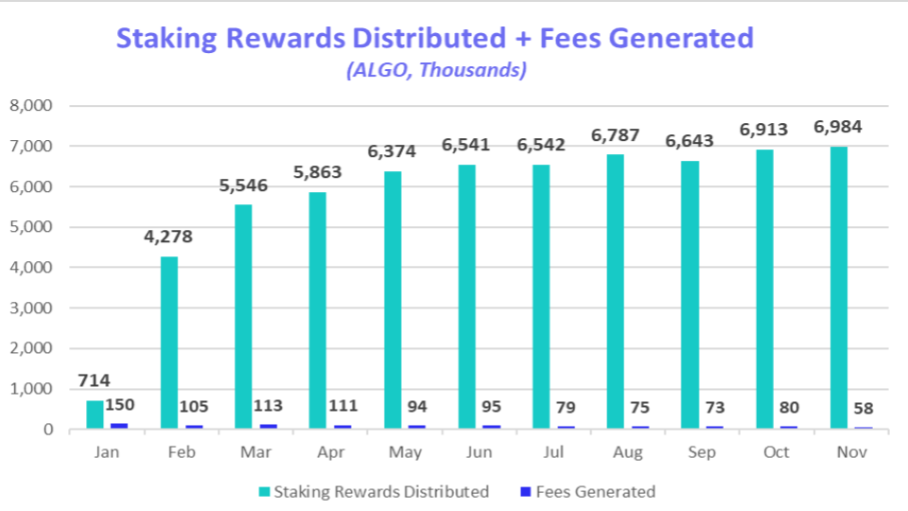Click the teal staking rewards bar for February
[168, 343]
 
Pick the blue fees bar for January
[119, 426]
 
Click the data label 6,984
[837, 128]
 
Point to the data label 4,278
[168, 237]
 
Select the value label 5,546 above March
[243, 185]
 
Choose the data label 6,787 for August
[615, 136]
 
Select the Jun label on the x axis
[480, 452]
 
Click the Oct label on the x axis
[777, 452]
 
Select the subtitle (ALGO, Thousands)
[436, 69]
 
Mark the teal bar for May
[392, 300]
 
